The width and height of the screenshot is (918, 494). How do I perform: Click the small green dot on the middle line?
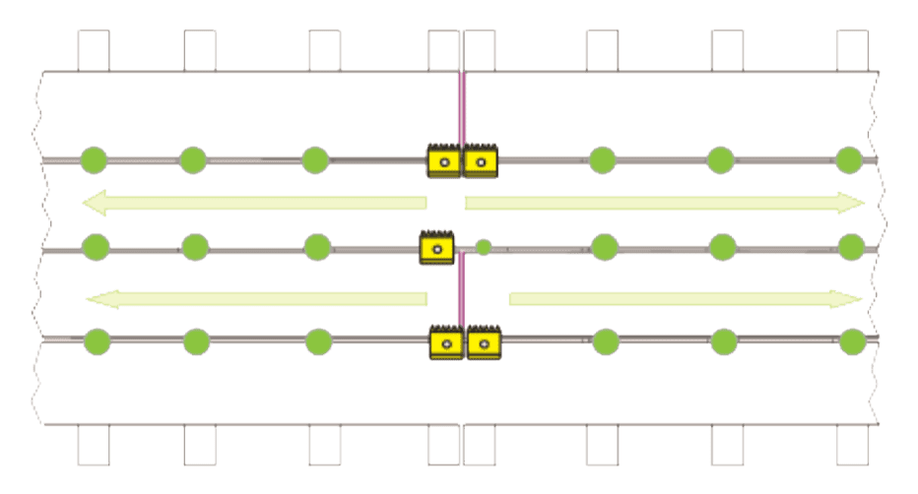coord(484,248)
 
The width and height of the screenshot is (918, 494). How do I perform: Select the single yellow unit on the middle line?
coord(436,247)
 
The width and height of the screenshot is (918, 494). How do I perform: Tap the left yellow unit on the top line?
coord(443,160)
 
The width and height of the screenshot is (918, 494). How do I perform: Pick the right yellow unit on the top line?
coord(481,160)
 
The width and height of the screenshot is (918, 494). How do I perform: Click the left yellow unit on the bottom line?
coord(446,342)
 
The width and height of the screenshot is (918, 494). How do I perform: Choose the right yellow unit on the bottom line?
coord(484,342)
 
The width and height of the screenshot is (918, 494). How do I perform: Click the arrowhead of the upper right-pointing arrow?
coord(853,204)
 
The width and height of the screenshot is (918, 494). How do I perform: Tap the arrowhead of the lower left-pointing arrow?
coord(97,298)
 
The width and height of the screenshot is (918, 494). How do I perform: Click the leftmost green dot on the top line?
coord(94,157)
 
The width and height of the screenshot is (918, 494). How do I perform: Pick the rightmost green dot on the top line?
coord(849,158)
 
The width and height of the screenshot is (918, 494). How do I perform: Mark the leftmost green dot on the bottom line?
coord(97,341)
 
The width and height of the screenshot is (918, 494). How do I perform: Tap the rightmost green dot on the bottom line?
coord(852,341)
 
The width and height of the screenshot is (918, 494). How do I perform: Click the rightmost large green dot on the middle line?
coord(851,246)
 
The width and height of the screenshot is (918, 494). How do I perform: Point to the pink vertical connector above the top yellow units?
coord(459,108)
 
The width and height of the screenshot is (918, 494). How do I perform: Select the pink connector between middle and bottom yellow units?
coord(459,294)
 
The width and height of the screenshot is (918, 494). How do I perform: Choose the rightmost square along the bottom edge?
coord(852,445)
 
